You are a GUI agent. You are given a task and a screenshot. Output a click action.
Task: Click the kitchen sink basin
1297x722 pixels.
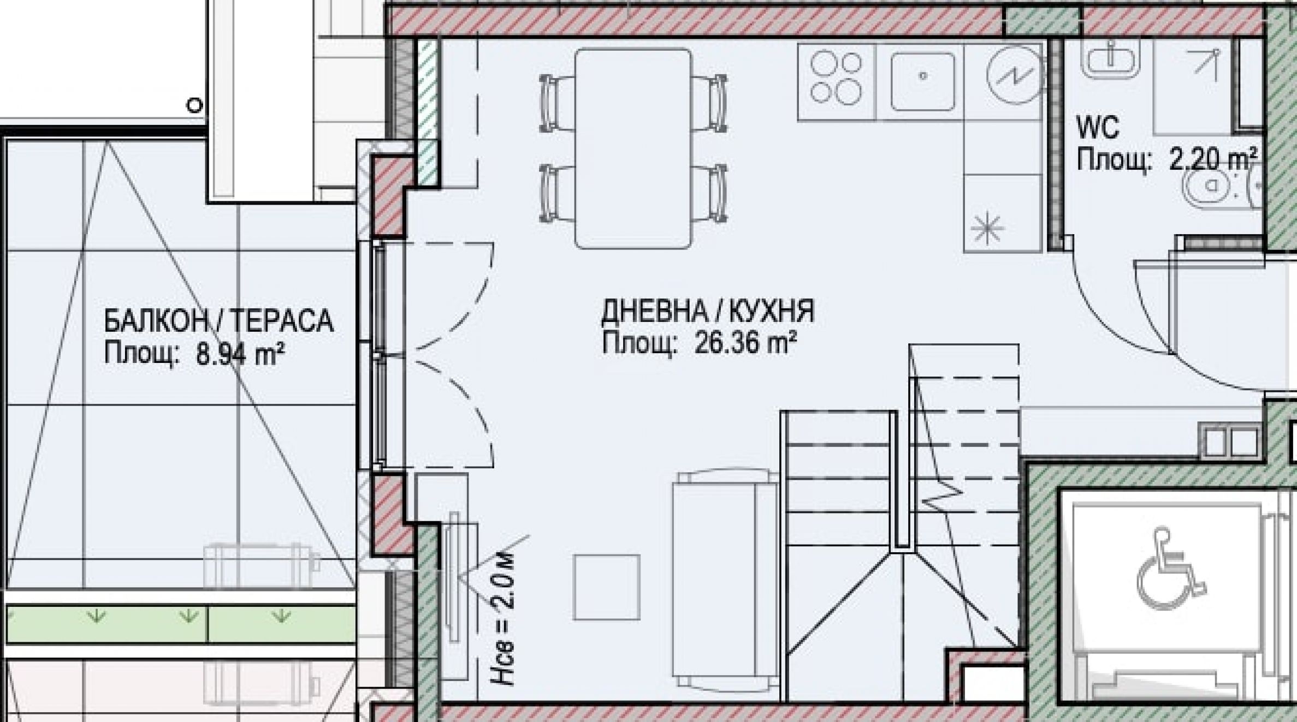922,81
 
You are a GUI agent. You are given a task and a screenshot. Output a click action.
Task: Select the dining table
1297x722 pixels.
633,148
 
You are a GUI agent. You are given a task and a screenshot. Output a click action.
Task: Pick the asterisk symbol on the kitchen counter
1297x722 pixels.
988,228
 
